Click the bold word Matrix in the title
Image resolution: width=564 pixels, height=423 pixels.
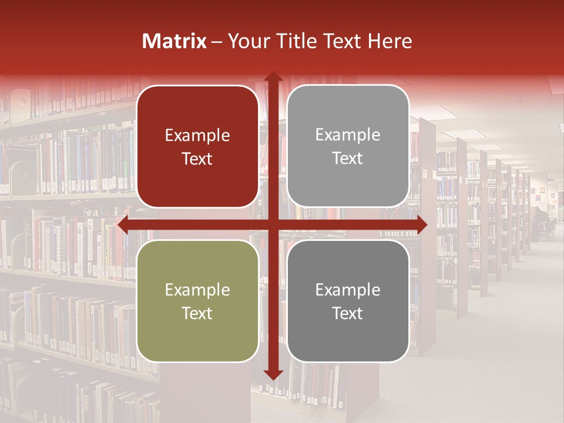click(x=174, y=41)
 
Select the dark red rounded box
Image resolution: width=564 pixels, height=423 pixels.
click(x=197, y=182)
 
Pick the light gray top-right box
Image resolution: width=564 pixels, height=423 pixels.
click(x=348, y=182)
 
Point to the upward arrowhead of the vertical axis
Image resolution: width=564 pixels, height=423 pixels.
click(x=273, y=78)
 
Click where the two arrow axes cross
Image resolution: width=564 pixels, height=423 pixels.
click(x=273, y=224)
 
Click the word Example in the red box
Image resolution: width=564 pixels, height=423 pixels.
click(x=197, y=136)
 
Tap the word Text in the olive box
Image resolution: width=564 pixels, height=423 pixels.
click(x=197, y=313)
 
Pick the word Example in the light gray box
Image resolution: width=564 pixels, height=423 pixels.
click(x=348, y=135)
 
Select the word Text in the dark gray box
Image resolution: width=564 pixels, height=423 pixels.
click(x=348, y=313)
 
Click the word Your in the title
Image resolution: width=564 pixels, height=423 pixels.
click(x=247, y=41)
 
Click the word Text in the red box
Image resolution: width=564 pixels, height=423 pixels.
click(x=197, y=159)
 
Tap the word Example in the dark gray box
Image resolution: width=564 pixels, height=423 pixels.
click(x=348, y=290)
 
